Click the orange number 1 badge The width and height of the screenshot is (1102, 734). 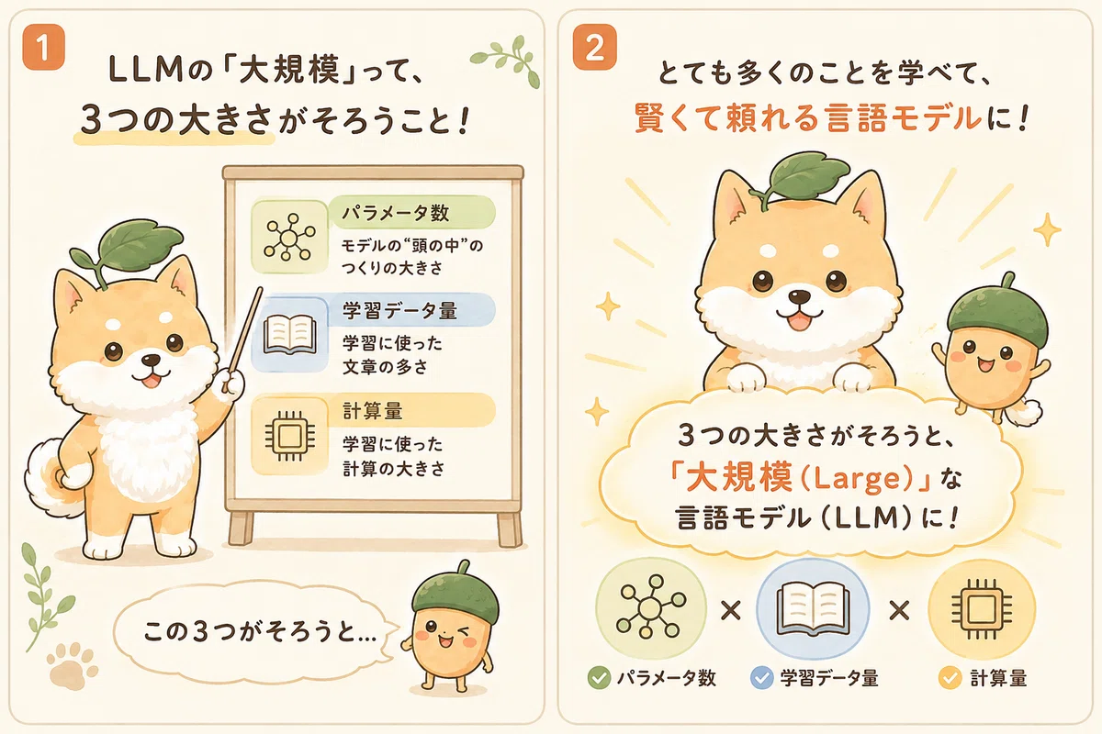(x=43, y=47)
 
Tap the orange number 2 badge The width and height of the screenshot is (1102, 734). (x=594, y=47)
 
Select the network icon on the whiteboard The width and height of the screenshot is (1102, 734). (x=289, y=237)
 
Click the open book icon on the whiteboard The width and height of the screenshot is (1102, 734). (x=289, y=335)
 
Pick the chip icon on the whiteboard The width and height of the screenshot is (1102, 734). (x=290, y=436)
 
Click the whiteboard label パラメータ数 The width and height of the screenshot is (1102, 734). (x=396, y=214)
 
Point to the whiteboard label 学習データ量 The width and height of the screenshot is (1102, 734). (x=400, y=311)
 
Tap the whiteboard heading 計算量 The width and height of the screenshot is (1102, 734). (x=373, y=411)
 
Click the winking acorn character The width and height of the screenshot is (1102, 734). (x=450, y=626)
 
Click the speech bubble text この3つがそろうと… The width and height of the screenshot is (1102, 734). (x=260, y=632)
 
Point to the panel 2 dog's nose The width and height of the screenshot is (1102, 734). (x=799, y=296)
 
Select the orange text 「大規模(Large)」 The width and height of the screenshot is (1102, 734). (x=800, y=477)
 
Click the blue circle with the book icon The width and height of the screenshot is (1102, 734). (x=813, y=609)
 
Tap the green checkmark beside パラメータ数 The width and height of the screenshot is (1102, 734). (x=599, y=678)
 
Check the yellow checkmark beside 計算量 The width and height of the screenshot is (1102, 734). (x=950, y=678)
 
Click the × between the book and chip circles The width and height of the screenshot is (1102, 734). (x=899, y=611)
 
